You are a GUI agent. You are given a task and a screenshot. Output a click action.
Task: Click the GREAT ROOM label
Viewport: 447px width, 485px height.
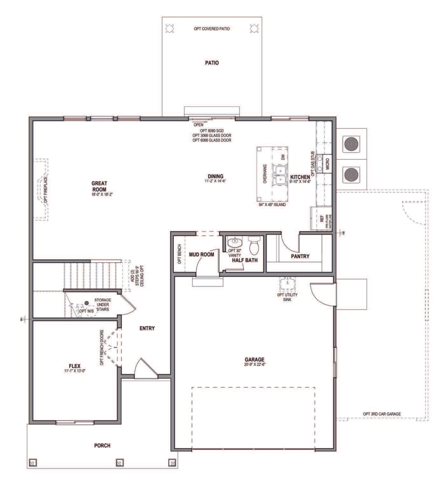tap(99, 186)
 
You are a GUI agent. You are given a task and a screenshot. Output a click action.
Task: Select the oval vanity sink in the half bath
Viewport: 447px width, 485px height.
tap(235, 243)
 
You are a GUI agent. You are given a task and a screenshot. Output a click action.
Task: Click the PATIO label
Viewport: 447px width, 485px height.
tap(212, 63)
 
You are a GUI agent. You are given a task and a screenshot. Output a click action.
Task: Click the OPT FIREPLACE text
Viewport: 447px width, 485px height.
tap(46, 189)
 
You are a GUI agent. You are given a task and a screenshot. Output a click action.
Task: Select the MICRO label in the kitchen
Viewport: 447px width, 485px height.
tap(327, 164)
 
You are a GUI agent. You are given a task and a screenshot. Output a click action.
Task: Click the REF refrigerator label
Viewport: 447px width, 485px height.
tap(322, 218)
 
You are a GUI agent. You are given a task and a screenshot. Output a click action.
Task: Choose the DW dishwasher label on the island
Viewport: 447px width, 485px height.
tap(283, 157)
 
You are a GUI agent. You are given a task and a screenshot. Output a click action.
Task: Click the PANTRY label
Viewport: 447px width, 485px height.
tap(300, 256)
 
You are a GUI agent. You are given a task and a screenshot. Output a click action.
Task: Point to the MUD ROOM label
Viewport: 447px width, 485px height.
tap(201, 255)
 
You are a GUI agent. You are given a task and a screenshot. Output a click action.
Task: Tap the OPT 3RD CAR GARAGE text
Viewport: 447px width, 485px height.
tap(382, 414)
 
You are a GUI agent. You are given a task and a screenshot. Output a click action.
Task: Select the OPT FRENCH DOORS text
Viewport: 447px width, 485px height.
tap(102, 348)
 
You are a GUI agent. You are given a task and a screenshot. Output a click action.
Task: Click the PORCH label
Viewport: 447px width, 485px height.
tap(102, 446)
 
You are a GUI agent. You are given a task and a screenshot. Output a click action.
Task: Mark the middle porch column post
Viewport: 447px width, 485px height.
tap(119, 462)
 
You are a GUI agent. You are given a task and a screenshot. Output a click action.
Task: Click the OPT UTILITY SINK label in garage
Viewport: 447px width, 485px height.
tap(287, 297)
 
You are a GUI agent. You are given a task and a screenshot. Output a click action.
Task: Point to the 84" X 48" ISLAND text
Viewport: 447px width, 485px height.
tap(272, 205)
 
